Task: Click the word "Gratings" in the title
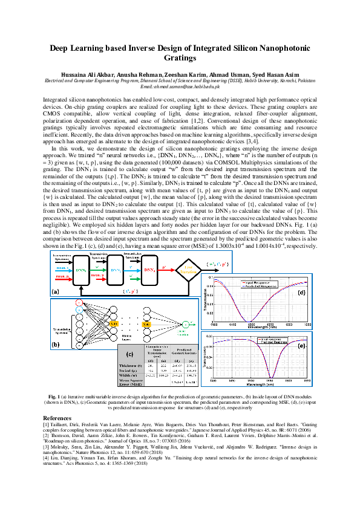pos(180,59)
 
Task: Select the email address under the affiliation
pos(180,86)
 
